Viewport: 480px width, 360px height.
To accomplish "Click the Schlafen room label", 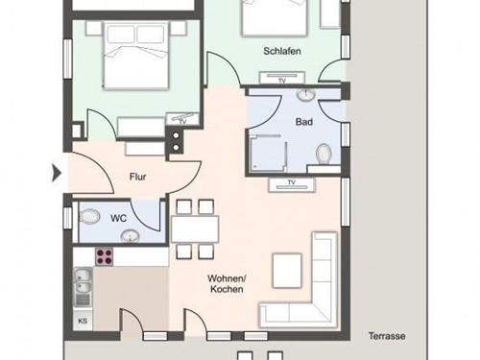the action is click(282, 51).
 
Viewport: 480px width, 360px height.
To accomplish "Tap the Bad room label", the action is click(304, 122).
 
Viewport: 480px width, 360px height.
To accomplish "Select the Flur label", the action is click(138, 177).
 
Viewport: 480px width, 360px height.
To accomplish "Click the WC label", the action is click(118, 218).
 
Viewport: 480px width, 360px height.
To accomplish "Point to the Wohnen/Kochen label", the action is click(227, 284).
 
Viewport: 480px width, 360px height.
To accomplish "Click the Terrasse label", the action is click(387, 336).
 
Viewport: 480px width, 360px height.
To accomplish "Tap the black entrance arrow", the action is click(57, 173).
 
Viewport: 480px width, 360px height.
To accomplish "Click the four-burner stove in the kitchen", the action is click(105, 257).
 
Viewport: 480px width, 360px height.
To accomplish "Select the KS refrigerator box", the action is click(83, 321).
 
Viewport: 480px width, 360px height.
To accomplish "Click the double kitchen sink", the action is click(83, 287).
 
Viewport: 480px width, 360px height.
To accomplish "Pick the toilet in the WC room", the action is click(88, 217).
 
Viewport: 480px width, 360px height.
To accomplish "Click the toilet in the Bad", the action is click(324, 154).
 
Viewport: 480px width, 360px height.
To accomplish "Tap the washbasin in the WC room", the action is click(130, 236).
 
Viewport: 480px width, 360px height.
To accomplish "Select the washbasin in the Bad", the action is click(306, 94).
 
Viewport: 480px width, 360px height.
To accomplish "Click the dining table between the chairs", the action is click(195, 229).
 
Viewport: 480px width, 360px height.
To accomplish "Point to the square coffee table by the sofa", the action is click(287, 271).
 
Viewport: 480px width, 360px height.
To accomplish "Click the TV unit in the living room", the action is click(292, 184).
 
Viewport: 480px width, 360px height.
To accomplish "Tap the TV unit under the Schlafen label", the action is click(282, 78).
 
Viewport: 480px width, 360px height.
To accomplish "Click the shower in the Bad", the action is click(269, 154).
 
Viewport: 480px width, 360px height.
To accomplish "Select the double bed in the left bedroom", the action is click(135, 55).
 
